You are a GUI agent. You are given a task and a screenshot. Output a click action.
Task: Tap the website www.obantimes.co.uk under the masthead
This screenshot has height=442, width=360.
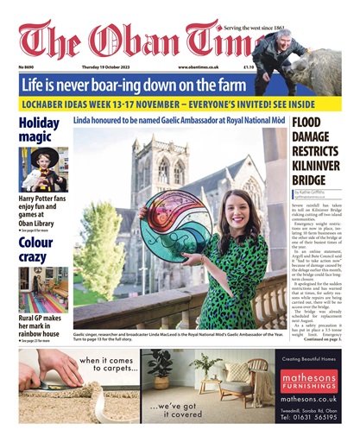coord(198,66)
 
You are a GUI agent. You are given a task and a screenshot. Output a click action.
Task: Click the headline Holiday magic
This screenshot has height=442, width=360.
coord(40,130)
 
